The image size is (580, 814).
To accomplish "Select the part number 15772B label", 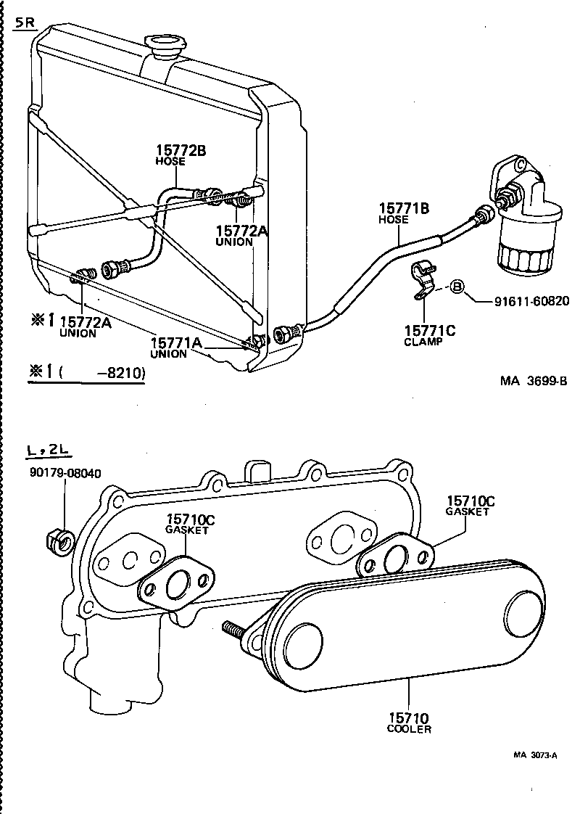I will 181,151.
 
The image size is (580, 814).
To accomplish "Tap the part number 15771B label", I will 404,208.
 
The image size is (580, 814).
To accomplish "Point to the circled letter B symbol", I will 457,287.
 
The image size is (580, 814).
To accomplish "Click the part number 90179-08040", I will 65,473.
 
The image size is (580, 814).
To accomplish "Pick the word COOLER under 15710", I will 409,728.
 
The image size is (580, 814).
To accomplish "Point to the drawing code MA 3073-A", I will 535,755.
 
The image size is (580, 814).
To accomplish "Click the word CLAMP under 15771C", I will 423,342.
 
